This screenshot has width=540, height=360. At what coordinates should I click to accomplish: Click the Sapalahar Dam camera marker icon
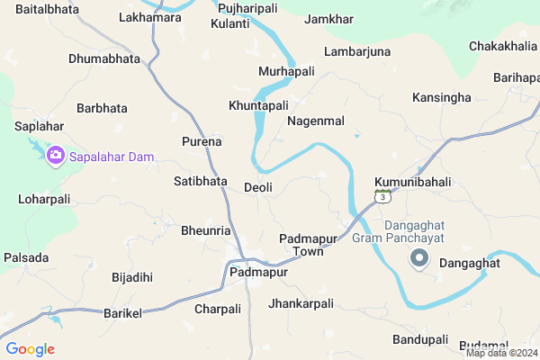point(55,156)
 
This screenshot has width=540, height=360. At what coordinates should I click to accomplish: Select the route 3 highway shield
point(383,195)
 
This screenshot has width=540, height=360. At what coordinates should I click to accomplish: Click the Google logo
point(31,349)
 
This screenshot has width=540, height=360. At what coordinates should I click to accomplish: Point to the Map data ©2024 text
point(501,352)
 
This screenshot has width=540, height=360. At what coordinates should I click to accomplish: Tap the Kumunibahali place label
point(411,182)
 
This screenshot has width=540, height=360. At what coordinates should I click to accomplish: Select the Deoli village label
point(258,187)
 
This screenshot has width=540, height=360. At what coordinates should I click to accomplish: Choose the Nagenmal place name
point(316,120)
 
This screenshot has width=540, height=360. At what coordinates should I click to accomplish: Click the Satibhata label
point(200,181)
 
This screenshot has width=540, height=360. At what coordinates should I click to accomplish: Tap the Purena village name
point(202,142)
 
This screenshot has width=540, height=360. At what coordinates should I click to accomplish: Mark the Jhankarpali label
point(301,303)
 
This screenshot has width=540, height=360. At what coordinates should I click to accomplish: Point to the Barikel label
point(124,310)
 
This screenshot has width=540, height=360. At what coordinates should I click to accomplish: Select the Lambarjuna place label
point(357,51)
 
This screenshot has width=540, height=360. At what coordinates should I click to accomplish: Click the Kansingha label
point(441,96)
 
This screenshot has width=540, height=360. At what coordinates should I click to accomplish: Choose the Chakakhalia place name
point(501,45)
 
